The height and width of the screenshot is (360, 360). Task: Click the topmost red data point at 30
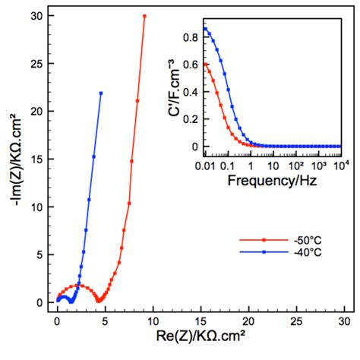144,16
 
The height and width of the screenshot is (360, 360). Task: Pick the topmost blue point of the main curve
101,93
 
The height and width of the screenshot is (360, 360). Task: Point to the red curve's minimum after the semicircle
99,301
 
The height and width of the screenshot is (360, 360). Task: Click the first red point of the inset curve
205,65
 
